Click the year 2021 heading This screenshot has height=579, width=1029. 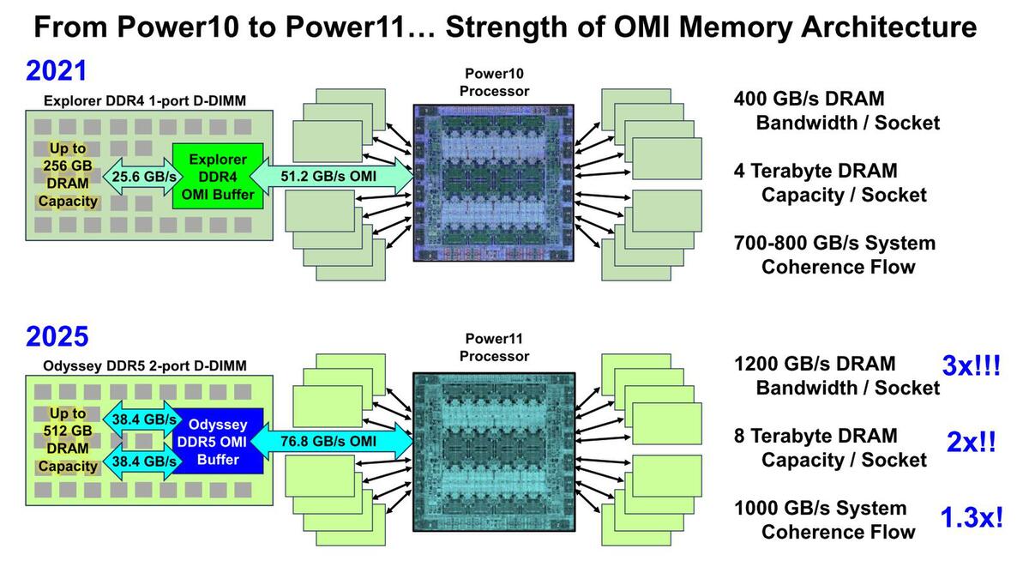(57, 71)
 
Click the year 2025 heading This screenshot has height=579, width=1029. (57, 335)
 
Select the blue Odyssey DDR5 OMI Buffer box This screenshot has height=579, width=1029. (218, 442)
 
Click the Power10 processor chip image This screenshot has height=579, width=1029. (493, 182)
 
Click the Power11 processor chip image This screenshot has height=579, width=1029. (493, 451)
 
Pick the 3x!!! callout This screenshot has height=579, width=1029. (972, 366)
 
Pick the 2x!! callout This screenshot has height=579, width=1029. (971, 443)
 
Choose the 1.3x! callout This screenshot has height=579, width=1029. (971, 518)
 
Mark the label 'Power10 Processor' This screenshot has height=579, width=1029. (494, 81)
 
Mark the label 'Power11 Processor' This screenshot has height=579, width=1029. (494, 347)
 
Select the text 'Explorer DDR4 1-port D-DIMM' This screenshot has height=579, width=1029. (145, 101)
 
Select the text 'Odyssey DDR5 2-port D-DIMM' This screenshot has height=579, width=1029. (145, 366)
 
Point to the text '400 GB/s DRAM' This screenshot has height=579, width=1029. (809, 99)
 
